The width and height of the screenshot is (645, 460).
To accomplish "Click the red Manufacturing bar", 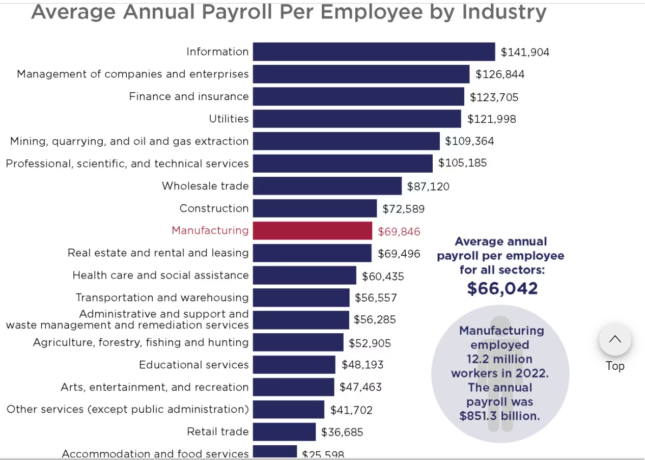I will pos(312,231).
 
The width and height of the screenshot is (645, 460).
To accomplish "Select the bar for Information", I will pos(374,52).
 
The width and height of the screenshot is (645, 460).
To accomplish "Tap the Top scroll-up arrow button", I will pos(615,339).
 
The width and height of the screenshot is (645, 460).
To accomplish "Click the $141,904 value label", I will pos(525,52).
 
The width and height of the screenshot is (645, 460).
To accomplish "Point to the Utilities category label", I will pos(229,119).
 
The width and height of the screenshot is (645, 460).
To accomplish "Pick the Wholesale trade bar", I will pos(327,186).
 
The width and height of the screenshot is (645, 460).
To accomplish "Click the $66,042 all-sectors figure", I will pos(502,288).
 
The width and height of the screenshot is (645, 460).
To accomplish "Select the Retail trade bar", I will pos(284,432).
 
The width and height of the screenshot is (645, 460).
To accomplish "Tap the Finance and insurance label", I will pos(189,96).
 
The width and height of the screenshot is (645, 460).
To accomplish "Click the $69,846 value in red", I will pos(399,232).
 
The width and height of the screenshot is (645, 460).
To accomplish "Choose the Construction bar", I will pos(315,208).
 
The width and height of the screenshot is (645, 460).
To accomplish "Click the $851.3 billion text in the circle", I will pos(499,416).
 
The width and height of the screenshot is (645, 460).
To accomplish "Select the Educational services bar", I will pos(294,365).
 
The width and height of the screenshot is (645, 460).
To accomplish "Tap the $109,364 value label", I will pos(469,141).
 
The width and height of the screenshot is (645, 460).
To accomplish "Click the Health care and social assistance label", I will pos(160,275).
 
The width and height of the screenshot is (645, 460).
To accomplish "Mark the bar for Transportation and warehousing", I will pos(301,297).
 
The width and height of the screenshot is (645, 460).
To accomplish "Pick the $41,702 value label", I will pos(351,410).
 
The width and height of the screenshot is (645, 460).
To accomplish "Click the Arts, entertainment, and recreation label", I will pos(154,387).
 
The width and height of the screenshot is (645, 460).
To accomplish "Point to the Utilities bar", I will pos(356,119).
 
